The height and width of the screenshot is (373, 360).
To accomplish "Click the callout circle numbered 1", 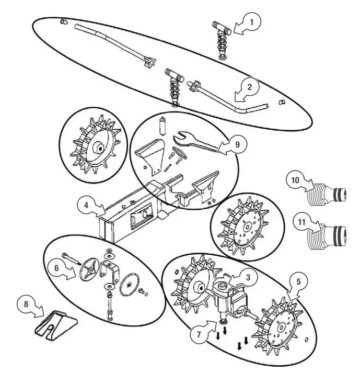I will pyautogui.click(x=253, y=22).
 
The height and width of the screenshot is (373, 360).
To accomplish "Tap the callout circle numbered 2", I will pyautogui.click(x=249, y=87).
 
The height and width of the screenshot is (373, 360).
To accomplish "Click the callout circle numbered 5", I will pyautogui.click(x=298, y=281).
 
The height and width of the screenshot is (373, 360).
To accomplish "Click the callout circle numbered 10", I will pyautogui.click(x=296, y=180).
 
